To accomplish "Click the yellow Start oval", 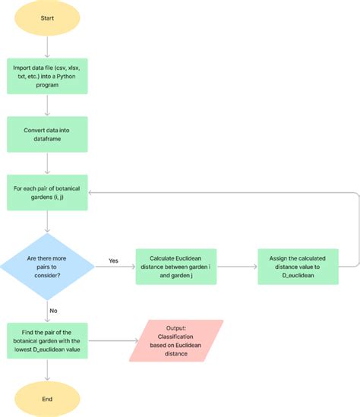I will pos(47,18).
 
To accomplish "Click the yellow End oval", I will pos(47,398).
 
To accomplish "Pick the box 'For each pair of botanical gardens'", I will pos(47,192).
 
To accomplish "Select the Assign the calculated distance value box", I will pos(297,267).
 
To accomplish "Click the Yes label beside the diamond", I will pos(113,261).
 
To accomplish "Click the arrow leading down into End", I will pos(47,370).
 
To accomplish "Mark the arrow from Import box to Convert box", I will pos(47,104).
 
